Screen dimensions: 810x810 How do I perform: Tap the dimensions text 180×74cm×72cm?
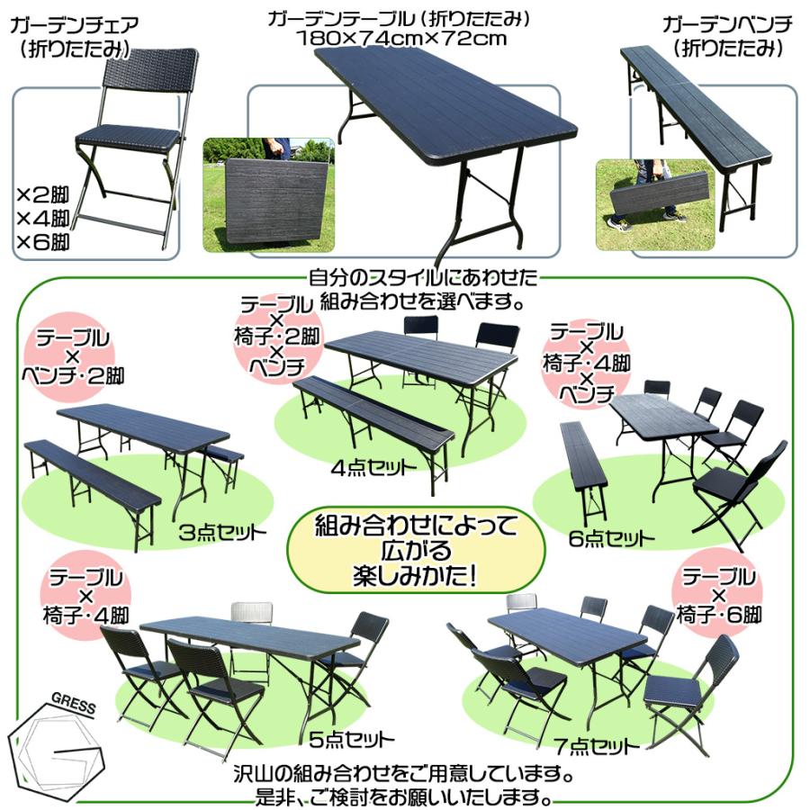[x=401, y=39]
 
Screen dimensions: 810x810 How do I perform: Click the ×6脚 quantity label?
[x=43, y=241]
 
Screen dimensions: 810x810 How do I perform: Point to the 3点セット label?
[x=222, y=532]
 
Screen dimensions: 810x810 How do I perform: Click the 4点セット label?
[x=373, y=468]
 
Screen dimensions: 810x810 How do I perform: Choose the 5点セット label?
[x=352, y=740]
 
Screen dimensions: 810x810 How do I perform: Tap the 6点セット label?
[x=612, y=539]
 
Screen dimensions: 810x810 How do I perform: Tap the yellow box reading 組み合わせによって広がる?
[x=416, y=551]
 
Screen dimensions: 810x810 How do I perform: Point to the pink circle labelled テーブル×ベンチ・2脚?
[x=72, y=356]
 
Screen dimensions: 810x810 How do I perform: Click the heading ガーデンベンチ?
[x=727, y=24]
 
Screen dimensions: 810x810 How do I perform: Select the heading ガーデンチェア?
[x=75, y=24]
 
